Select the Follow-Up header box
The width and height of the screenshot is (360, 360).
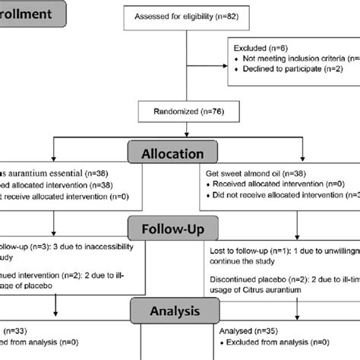(x=180, y=227)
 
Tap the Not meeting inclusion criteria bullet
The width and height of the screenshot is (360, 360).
(x=300, y=58)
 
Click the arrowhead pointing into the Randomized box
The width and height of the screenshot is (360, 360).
(x=180, y=99)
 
